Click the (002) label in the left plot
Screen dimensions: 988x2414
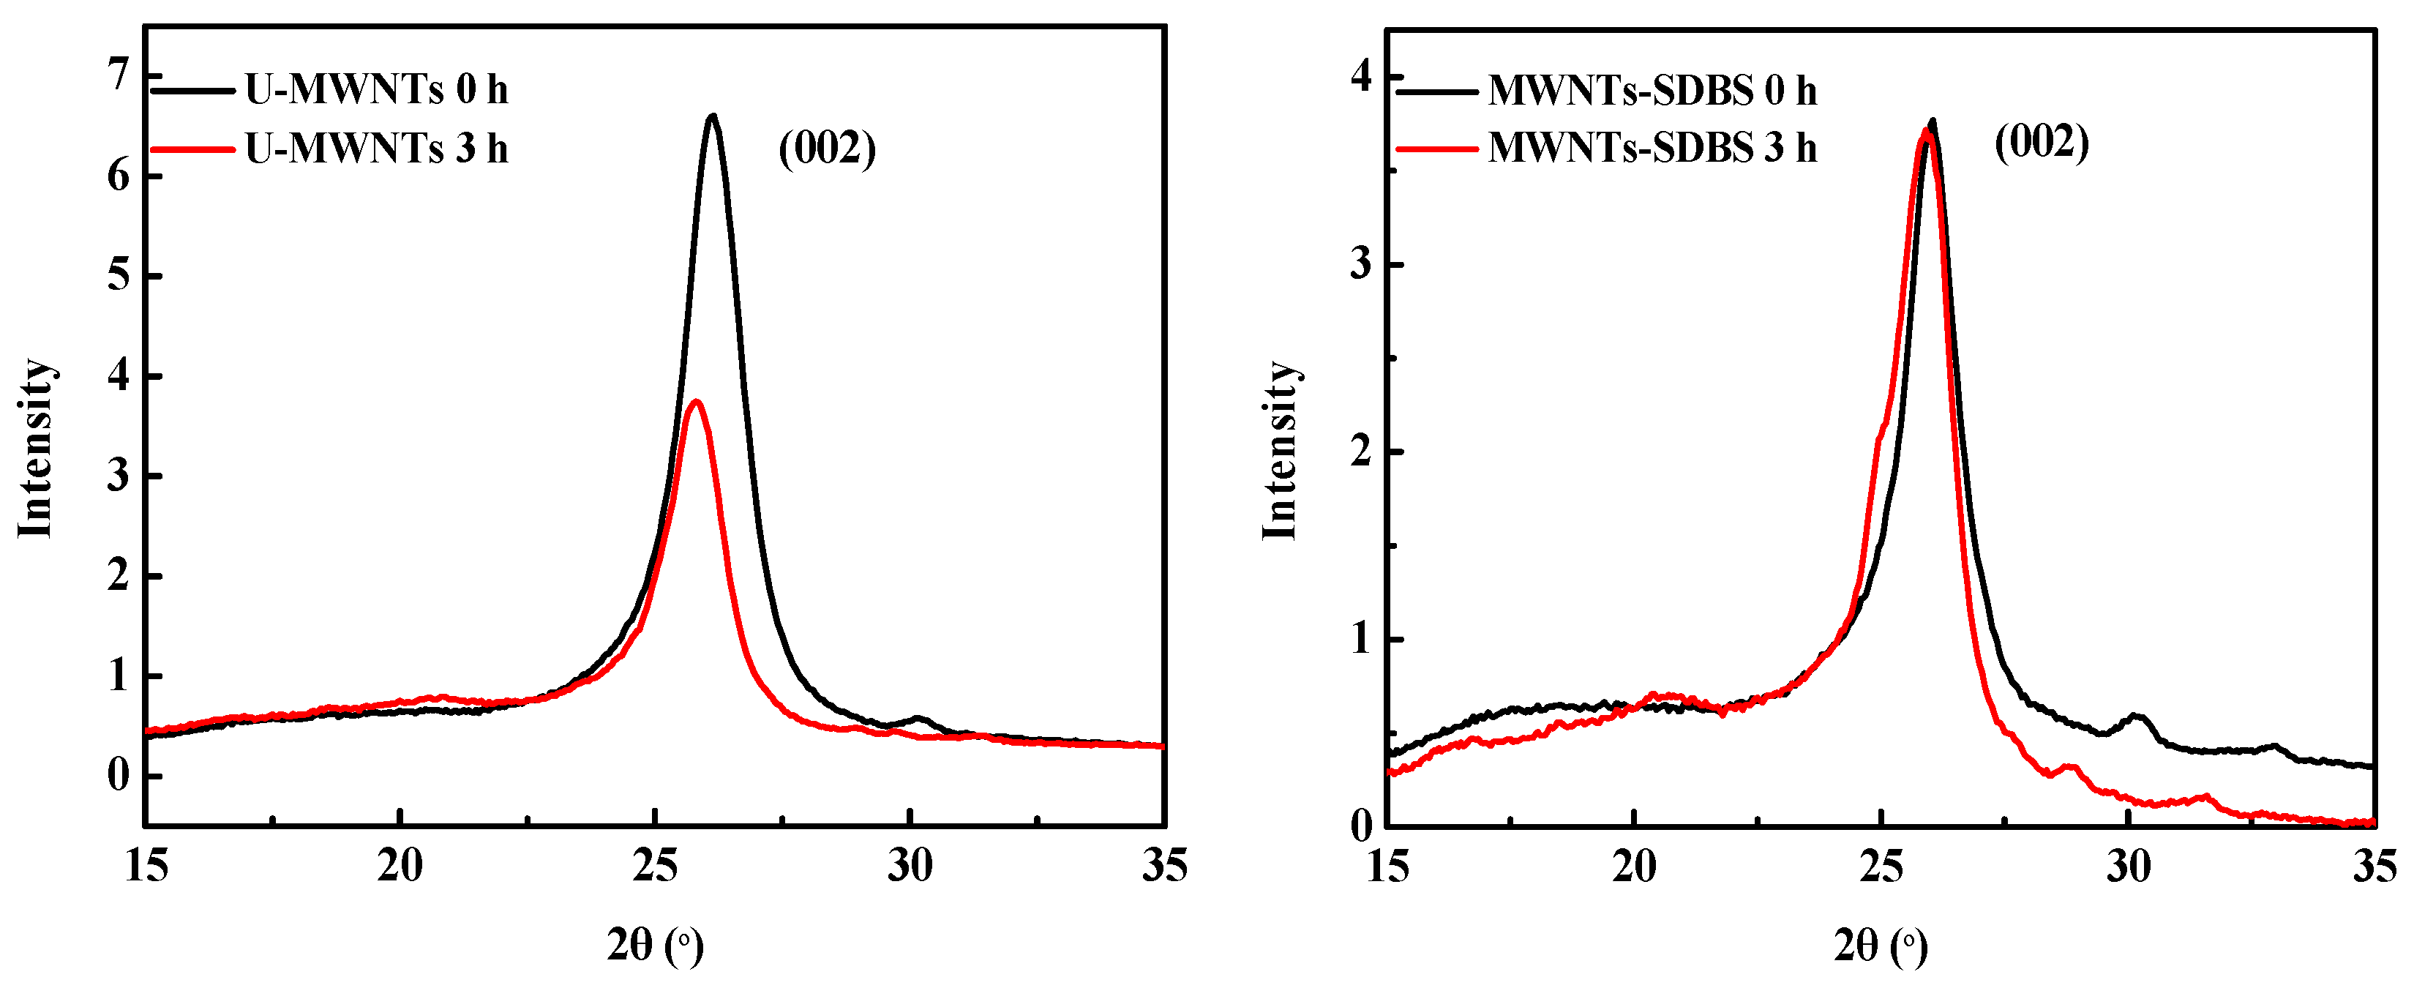tap(827, 147)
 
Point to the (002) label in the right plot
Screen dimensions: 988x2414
tap(2041, 143)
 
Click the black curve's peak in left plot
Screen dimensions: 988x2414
tap(713, 116)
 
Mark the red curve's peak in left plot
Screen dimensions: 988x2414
tap(695, 402)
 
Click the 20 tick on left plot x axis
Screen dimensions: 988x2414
tap(400, 865)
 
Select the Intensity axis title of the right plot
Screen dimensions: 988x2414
tap(1280, 450)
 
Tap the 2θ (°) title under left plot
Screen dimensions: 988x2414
tap(654, 945)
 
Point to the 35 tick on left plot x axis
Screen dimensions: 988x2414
tap(1164, 865)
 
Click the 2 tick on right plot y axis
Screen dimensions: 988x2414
tap(1361, 451)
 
